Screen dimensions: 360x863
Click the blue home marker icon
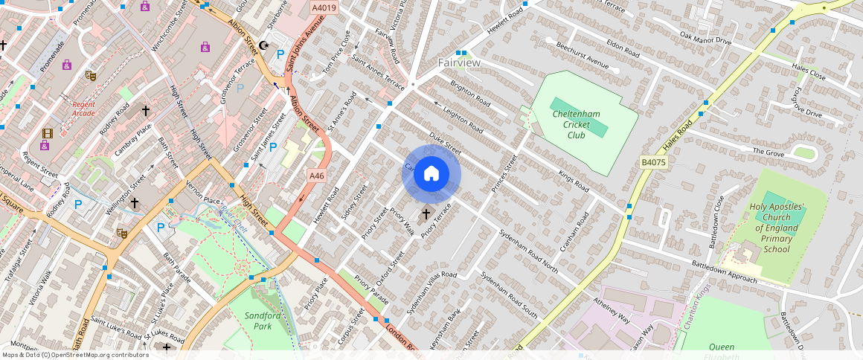point(431,174)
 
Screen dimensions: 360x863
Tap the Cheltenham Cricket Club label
point(576,123)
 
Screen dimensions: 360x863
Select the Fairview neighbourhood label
point(459,63)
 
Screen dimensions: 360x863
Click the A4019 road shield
point(324,8)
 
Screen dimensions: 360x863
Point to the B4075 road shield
point(654,161)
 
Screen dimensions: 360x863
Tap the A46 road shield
point(317,176)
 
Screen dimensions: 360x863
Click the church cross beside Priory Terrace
point(426,214)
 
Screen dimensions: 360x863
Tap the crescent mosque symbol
point(263,46)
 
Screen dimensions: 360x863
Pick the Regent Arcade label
point(84,109)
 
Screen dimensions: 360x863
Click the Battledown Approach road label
point(724,271)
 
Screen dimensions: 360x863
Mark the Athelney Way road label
point(611,309)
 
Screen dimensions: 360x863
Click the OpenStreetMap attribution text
point(74,355)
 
